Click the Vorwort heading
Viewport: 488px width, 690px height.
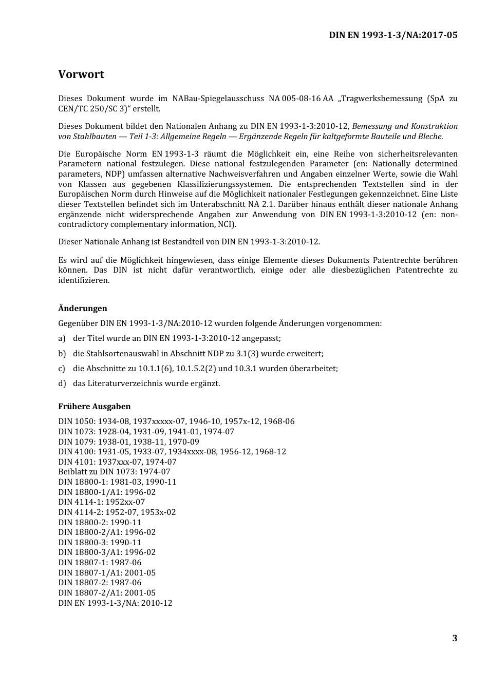(x=81, y=74)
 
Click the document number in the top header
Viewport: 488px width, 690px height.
(x=393, y=35)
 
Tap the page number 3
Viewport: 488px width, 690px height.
(x=455, y=638)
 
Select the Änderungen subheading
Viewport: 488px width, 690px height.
(x=83, y=308)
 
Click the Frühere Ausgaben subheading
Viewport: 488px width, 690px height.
(x=95, y=406)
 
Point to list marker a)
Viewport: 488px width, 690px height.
(x=62, y=338)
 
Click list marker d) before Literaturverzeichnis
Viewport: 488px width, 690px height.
(x=62, y=384)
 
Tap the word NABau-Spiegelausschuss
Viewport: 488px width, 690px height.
(x=218, y=99)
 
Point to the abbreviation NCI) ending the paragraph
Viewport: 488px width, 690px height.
(x=226, y=224)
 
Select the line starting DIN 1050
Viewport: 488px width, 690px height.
(x=176, y=421)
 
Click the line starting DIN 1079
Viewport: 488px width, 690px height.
(x=128, y=442)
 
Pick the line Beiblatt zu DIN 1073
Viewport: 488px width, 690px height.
(x=114, y=472)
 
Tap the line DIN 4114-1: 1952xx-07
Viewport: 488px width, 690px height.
(x=102, y=502)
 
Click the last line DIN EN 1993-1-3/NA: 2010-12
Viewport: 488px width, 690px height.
(x=115, y=603)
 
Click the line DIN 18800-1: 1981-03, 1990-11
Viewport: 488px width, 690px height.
(x=117, y=482)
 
